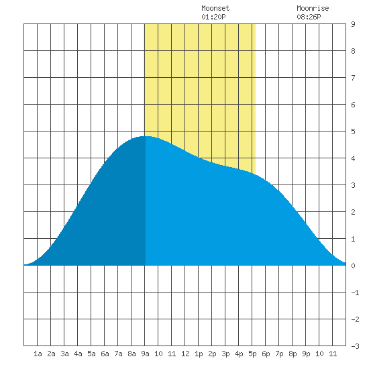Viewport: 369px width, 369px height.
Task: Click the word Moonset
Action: (x=215, y=8)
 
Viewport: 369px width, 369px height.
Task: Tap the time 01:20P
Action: (x=213, y=17)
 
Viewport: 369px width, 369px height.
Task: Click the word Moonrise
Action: (x=313, y=8)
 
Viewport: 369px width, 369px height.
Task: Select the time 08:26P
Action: (x=309, y=17)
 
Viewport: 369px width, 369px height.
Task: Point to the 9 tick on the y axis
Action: (x=353, y=24)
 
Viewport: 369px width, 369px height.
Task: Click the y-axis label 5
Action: (x=353, y=131)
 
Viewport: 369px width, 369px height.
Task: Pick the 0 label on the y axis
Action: (x=353, y=266)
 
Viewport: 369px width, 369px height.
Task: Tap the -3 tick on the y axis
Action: (x=355, y=346)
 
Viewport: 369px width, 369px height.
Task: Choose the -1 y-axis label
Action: (x=355, y=293)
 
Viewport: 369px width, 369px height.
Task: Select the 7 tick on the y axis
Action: (x=353, y=78)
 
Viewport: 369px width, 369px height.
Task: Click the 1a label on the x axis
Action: (x=38, y=354)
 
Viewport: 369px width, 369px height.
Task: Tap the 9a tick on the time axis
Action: (x=145, y=354)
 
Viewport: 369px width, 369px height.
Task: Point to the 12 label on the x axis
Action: (x=185, y=354)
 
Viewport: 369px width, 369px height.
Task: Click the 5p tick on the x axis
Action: (x=252, y=354)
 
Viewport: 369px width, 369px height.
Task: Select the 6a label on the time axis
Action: (x=105, y=354)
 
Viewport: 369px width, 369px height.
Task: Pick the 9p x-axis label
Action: (x=306, y=354)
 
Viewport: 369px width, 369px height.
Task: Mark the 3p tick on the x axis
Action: (x=225, y=354)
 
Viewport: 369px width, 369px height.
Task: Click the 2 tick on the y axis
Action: (x=353, y=212)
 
